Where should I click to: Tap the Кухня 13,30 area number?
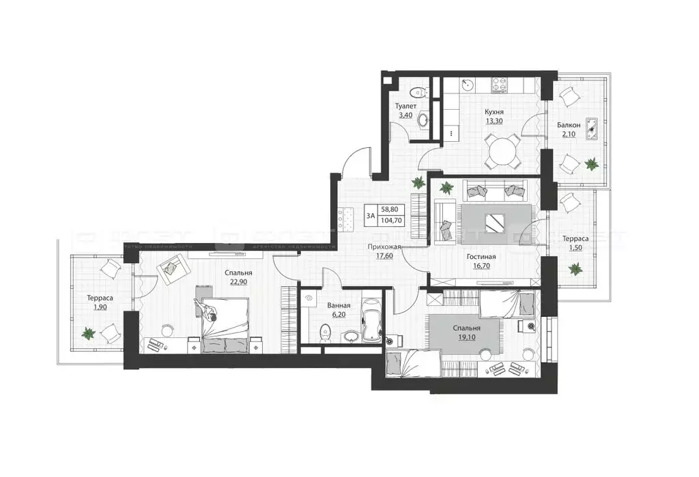click(494, 121)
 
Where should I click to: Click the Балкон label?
click(569, 125)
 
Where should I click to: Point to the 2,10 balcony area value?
click(569, 134)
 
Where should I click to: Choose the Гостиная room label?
click(481, 257)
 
